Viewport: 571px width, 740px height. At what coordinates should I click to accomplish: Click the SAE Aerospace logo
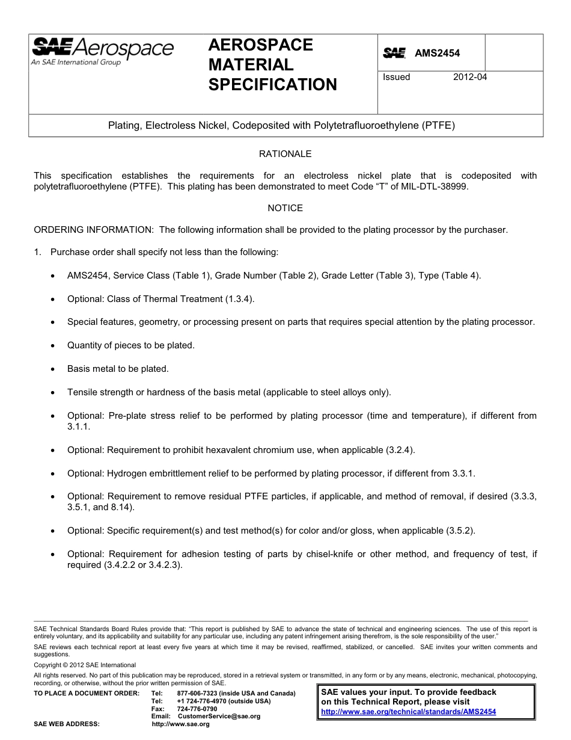click(102, 51)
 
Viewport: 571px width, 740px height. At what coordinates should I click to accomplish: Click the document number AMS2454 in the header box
click(437, 53)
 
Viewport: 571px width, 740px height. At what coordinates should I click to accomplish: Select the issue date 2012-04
click(470, 77)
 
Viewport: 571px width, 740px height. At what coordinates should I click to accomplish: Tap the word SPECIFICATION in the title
click(272, 85)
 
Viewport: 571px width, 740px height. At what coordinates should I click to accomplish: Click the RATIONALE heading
click(285, 154)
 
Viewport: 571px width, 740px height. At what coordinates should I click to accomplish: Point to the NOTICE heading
click(285, 208)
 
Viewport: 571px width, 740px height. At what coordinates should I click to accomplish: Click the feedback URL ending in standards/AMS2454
click(408, 711)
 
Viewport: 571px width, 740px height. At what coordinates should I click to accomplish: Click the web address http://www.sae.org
click(180, 724)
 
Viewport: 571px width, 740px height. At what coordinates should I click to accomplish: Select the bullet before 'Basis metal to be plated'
click(53, 369)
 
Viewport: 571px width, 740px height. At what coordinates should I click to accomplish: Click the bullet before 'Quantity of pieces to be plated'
click(53, 346)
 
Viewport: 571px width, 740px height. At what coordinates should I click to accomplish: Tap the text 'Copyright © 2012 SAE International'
click(85, 665)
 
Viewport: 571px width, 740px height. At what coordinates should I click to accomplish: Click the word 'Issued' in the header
click(396, 77)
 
